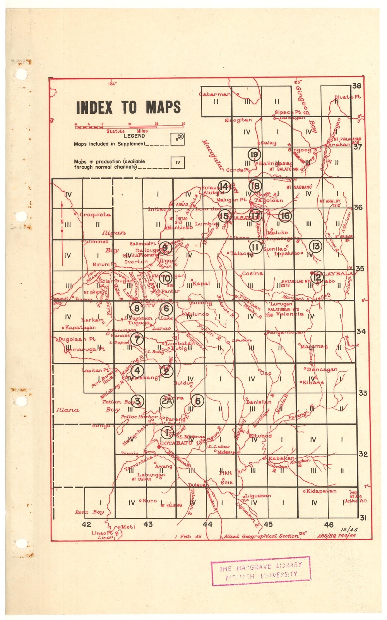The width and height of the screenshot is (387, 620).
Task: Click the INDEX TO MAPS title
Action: click(x=128, y=108)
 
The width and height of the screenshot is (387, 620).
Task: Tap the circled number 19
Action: click(x=254, y=155)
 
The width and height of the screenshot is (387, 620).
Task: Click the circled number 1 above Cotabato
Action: click(x=167, y=432)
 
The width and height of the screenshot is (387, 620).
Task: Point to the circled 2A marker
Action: click(x=167, y=401)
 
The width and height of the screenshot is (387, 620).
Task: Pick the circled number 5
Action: click(x=198, y=401)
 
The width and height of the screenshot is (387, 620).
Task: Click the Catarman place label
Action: click(x=215, y=94)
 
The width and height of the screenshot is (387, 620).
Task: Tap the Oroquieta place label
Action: click(x=95, y=215)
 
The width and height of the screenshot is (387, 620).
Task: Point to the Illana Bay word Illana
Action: click(x=67, y=410)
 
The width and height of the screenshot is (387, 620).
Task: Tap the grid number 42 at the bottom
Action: click(x=86, y=524)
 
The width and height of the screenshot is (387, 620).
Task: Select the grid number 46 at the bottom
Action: click(x=329, y=524)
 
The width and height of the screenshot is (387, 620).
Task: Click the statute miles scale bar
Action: click(x=129, y=126)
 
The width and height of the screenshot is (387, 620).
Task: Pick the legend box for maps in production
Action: click(x=178, y=162)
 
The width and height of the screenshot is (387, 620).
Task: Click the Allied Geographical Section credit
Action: click(x=260, y=536)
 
